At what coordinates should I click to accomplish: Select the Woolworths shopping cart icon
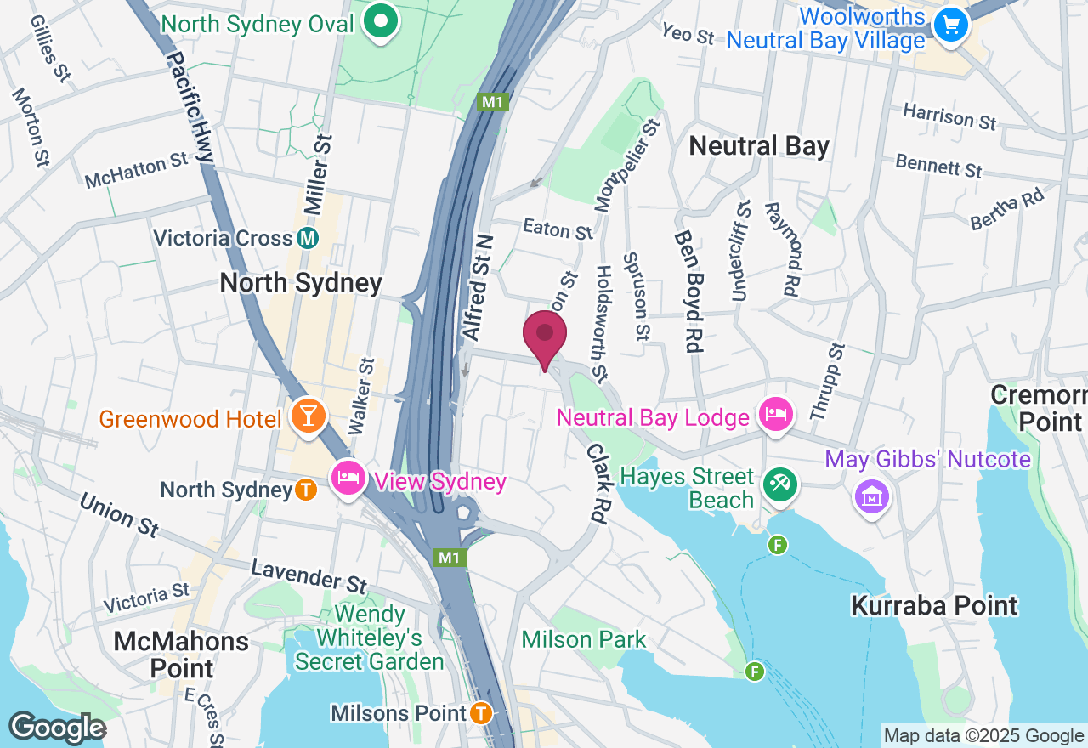951,23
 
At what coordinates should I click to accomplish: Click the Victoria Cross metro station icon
309,238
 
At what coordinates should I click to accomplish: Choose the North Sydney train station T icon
306,490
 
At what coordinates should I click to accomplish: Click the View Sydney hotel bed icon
348,478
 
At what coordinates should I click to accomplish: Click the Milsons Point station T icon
481,712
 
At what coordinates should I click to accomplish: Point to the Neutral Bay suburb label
758,146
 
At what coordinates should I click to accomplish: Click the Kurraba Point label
934,605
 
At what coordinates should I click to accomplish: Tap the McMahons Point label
182,654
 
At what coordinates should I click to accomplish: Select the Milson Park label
584,639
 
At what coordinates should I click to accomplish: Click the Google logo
57,728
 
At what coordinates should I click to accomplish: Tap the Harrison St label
949,116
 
